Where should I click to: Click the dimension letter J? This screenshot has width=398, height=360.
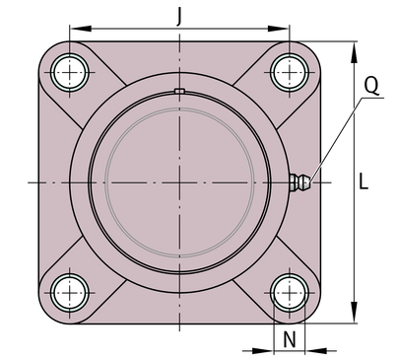[x=179, y=16]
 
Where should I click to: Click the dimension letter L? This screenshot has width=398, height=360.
[x=364, y=181]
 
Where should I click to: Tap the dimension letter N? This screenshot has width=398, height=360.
[x=290, y=339]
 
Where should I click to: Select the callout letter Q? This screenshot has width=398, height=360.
[x=371, y=85]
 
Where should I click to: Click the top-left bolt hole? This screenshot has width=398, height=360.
[x=70, y=72]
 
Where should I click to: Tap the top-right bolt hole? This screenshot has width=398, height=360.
[x=290, y=72]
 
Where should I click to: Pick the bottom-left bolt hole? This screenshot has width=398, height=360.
[x=70, y=293]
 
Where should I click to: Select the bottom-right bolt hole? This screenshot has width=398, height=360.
[x=290, y=293]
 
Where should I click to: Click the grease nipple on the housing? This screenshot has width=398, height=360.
[x=299, y=181]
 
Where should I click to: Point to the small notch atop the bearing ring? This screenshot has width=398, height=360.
[x=179, y=91]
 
